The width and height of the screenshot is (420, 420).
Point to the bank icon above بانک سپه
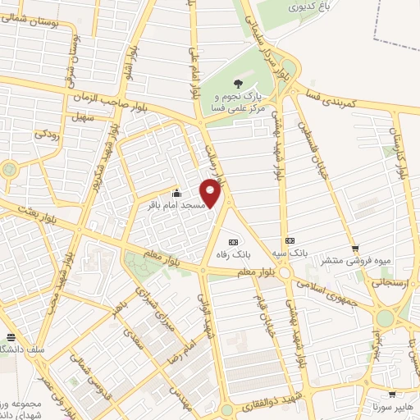(289, 241)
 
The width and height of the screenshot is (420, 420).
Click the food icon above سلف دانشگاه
(11, 337)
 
